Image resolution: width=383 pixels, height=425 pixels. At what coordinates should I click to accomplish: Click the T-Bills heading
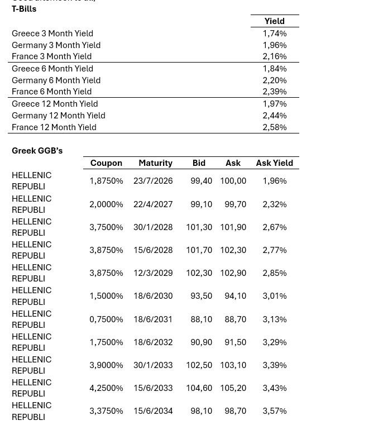[x=24, y=9]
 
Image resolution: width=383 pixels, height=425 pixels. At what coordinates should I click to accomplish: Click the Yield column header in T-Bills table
[x=274, y=21]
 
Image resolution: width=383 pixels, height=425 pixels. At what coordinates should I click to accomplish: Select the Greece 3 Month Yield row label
[x=52, y=34]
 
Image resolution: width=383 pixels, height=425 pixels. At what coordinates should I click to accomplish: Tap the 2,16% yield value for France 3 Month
[x=274, y=56]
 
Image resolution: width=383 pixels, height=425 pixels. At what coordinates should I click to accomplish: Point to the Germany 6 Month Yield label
[x=56, y=80]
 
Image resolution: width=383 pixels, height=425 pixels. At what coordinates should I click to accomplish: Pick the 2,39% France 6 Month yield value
[x=274, y=92]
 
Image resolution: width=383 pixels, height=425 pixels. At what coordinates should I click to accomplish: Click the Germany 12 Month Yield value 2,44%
[x=274, y=116]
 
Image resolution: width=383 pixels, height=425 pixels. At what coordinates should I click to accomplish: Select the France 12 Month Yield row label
[x=54, y=127]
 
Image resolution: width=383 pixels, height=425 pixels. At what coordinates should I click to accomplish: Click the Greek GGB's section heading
[x=37, y=151]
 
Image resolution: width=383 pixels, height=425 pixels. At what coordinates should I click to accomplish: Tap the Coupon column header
[x=106, y=163]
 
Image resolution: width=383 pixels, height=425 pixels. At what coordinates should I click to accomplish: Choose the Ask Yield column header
[x=274, y=163]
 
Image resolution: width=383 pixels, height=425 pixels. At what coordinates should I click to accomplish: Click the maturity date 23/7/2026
[x=153, y=181]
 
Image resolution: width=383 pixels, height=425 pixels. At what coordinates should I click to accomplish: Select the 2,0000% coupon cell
[x=106, y=204]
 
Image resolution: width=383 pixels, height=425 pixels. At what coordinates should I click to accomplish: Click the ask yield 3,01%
[x=274, y=296]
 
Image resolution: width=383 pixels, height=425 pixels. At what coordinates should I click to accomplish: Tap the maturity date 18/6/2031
[x=153, y=319]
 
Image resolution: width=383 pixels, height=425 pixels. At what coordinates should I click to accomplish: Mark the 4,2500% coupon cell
[x=106, y=388]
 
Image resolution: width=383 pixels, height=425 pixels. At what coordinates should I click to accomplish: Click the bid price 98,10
[x=201, y=411]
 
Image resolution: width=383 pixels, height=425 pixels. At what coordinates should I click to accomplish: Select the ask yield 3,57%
[x=274, y=411]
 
